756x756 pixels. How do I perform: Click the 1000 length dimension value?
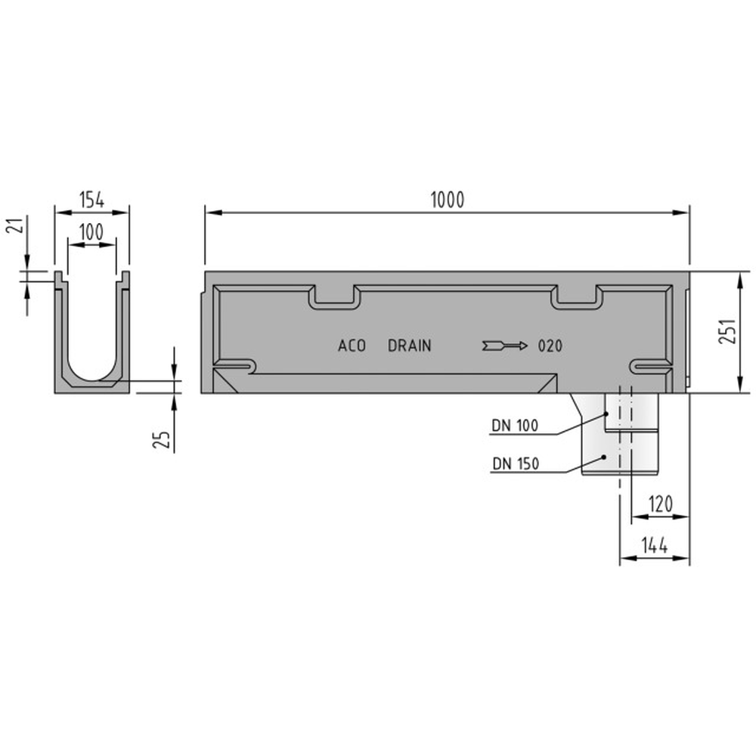[x=447, y=200]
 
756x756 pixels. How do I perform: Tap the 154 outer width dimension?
[x=91, y=200]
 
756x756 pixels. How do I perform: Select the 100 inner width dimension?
[x=91, y=232]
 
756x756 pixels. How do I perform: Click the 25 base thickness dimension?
[x=162, y=438]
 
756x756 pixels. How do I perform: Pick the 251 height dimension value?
[x=727, y=331]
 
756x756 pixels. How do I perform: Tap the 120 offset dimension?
[x=660, y=504]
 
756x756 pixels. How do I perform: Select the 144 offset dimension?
[x=655, y=545]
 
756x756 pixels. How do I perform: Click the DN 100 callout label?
[x=514, y=425]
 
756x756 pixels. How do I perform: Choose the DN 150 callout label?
[x=516, y=464]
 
